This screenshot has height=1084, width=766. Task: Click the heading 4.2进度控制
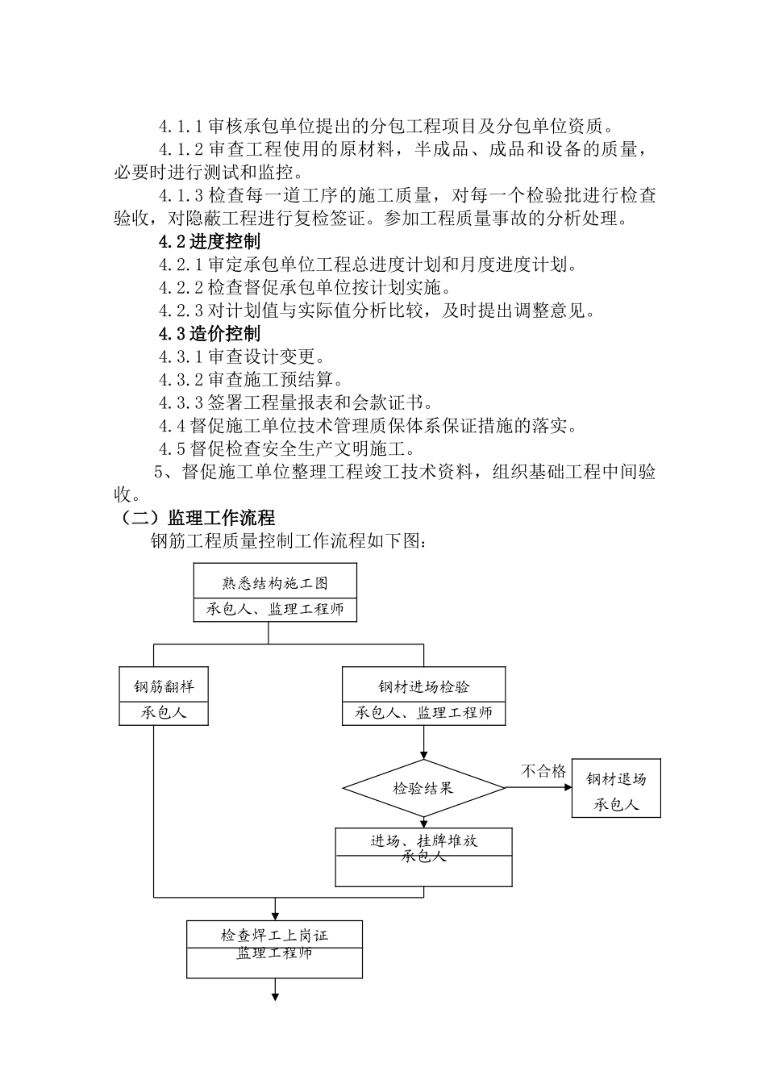pos(209,241)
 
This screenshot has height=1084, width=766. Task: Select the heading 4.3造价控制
pos(209,334)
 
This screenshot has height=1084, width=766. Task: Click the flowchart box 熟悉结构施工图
pos(275,583)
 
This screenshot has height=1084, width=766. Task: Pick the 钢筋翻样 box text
pos(164,687)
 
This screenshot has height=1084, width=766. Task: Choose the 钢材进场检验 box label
pos(423,687)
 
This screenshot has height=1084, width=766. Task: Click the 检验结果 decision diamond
pos(423,788)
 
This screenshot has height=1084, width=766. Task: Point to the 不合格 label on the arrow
pos(543,771)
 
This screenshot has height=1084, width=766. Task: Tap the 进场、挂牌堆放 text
pos(423,841)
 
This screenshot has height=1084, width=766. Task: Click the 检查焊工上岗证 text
pos(275,936)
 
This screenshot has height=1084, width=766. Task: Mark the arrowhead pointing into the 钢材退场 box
pos(567,788)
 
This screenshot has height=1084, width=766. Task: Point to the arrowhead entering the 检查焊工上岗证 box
pos(275,916)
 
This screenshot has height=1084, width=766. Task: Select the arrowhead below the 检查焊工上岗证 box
pos(275,997)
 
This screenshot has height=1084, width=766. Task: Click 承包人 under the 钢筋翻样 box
pos(164,713)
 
